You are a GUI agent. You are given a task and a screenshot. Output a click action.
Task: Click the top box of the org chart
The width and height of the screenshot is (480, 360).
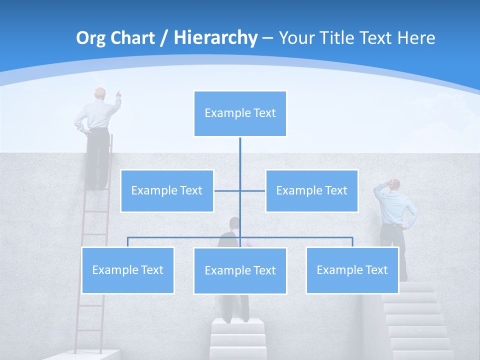(240, 113)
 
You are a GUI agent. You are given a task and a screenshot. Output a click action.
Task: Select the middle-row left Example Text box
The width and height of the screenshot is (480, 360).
(167, 190)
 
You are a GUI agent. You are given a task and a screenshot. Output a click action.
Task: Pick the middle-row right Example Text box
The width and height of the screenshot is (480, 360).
(311, 190)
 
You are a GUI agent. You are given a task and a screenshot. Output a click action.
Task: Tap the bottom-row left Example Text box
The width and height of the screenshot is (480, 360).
(127, 270)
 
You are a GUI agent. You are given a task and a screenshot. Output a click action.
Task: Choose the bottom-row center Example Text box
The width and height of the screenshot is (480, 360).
(240, 270)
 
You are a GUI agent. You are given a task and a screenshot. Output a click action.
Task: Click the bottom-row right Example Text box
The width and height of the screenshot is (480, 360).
(352, 270)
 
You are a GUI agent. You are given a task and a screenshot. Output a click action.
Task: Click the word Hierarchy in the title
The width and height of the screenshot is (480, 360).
(215, 37)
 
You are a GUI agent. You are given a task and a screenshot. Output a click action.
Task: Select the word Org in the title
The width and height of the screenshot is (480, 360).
(91, 37)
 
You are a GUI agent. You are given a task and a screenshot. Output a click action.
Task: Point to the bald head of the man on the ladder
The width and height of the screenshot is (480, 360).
(100, 93)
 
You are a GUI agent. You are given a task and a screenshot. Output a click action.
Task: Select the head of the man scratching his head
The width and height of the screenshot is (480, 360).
(394, 184)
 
